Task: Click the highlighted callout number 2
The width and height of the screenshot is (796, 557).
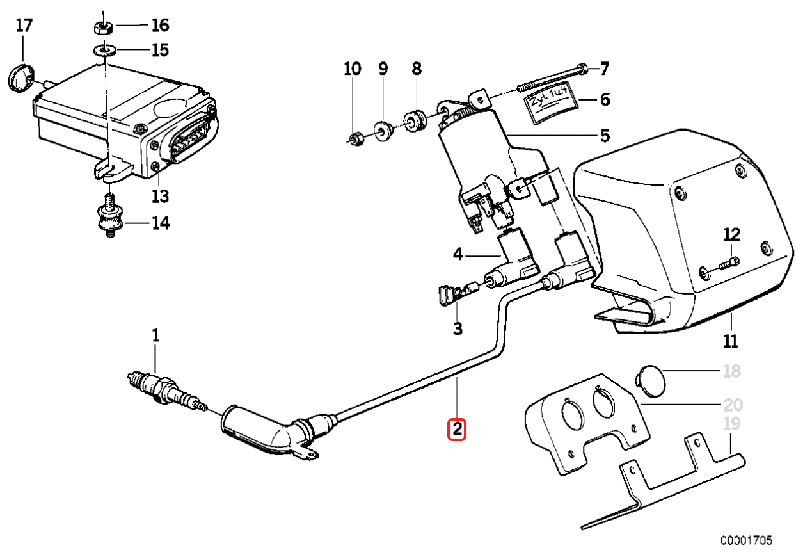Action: coord(458,430)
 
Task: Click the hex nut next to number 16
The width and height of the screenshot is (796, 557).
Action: coord(103,28)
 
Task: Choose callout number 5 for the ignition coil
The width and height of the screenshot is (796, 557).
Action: coord(604,136)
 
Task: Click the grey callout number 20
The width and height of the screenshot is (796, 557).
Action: coord(733,405)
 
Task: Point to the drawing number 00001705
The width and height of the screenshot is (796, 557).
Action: coord(747,540)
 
